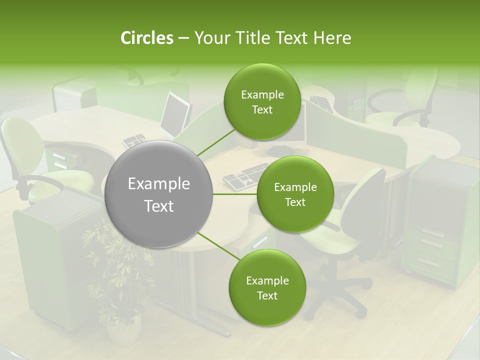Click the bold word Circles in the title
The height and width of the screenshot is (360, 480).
tap(146, 38)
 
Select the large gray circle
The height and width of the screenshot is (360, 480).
tap(159, 194)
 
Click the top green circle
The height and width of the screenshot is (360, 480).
tap(262, 102)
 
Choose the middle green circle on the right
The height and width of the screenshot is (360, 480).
tap(295, 194)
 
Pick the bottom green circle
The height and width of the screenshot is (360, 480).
tap(267, 288)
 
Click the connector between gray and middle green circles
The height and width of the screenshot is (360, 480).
tap(235, 194)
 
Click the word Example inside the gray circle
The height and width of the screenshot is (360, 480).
tap(159, 184)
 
